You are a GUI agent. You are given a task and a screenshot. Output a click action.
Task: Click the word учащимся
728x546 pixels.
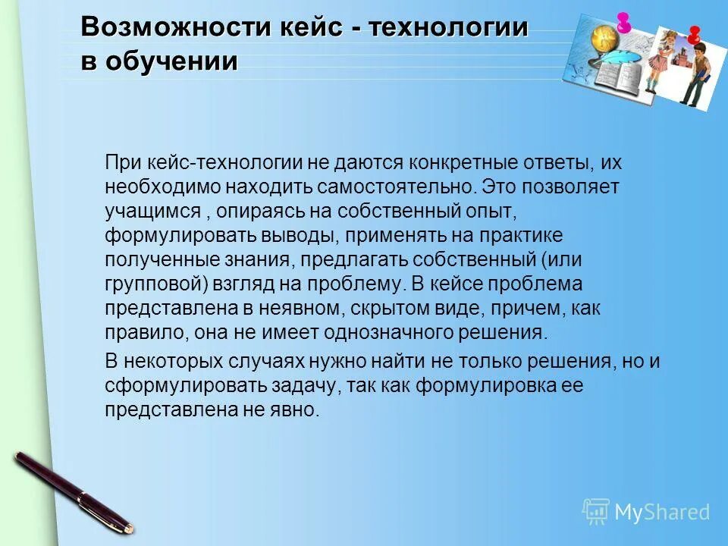pos(152,210)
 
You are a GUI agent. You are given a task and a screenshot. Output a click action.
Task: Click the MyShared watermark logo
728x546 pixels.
pos(645,512)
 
